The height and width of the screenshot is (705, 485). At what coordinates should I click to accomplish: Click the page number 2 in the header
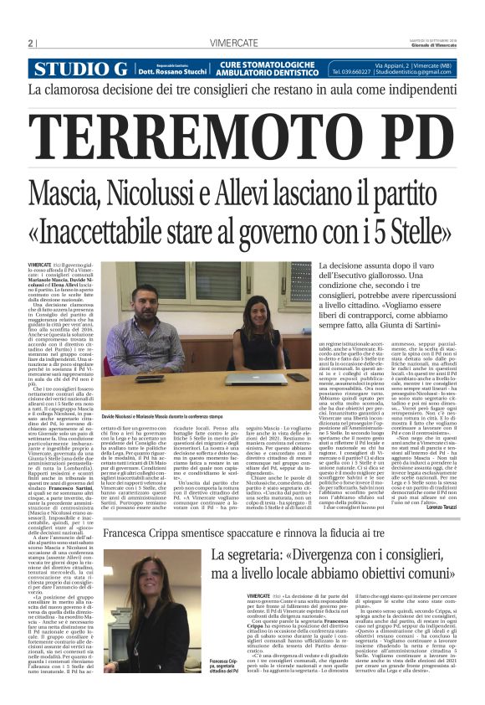[30, 44]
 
